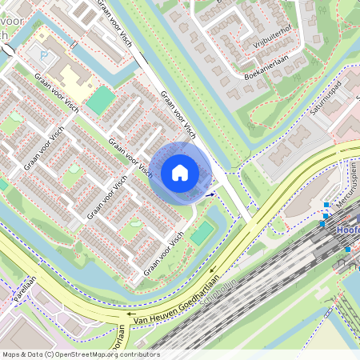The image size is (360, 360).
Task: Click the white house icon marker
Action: point(180,172)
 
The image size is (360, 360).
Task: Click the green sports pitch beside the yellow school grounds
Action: point(101,101)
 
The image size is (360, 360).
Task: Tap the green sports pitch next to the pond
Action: point(202,233)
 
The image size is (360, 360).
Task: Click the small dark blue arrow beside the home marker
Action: point(210,193)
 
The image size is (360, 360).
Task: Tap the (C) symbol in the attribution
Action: point(49,354)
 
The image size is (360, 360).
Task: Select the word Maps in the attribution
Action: point(11,354)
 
